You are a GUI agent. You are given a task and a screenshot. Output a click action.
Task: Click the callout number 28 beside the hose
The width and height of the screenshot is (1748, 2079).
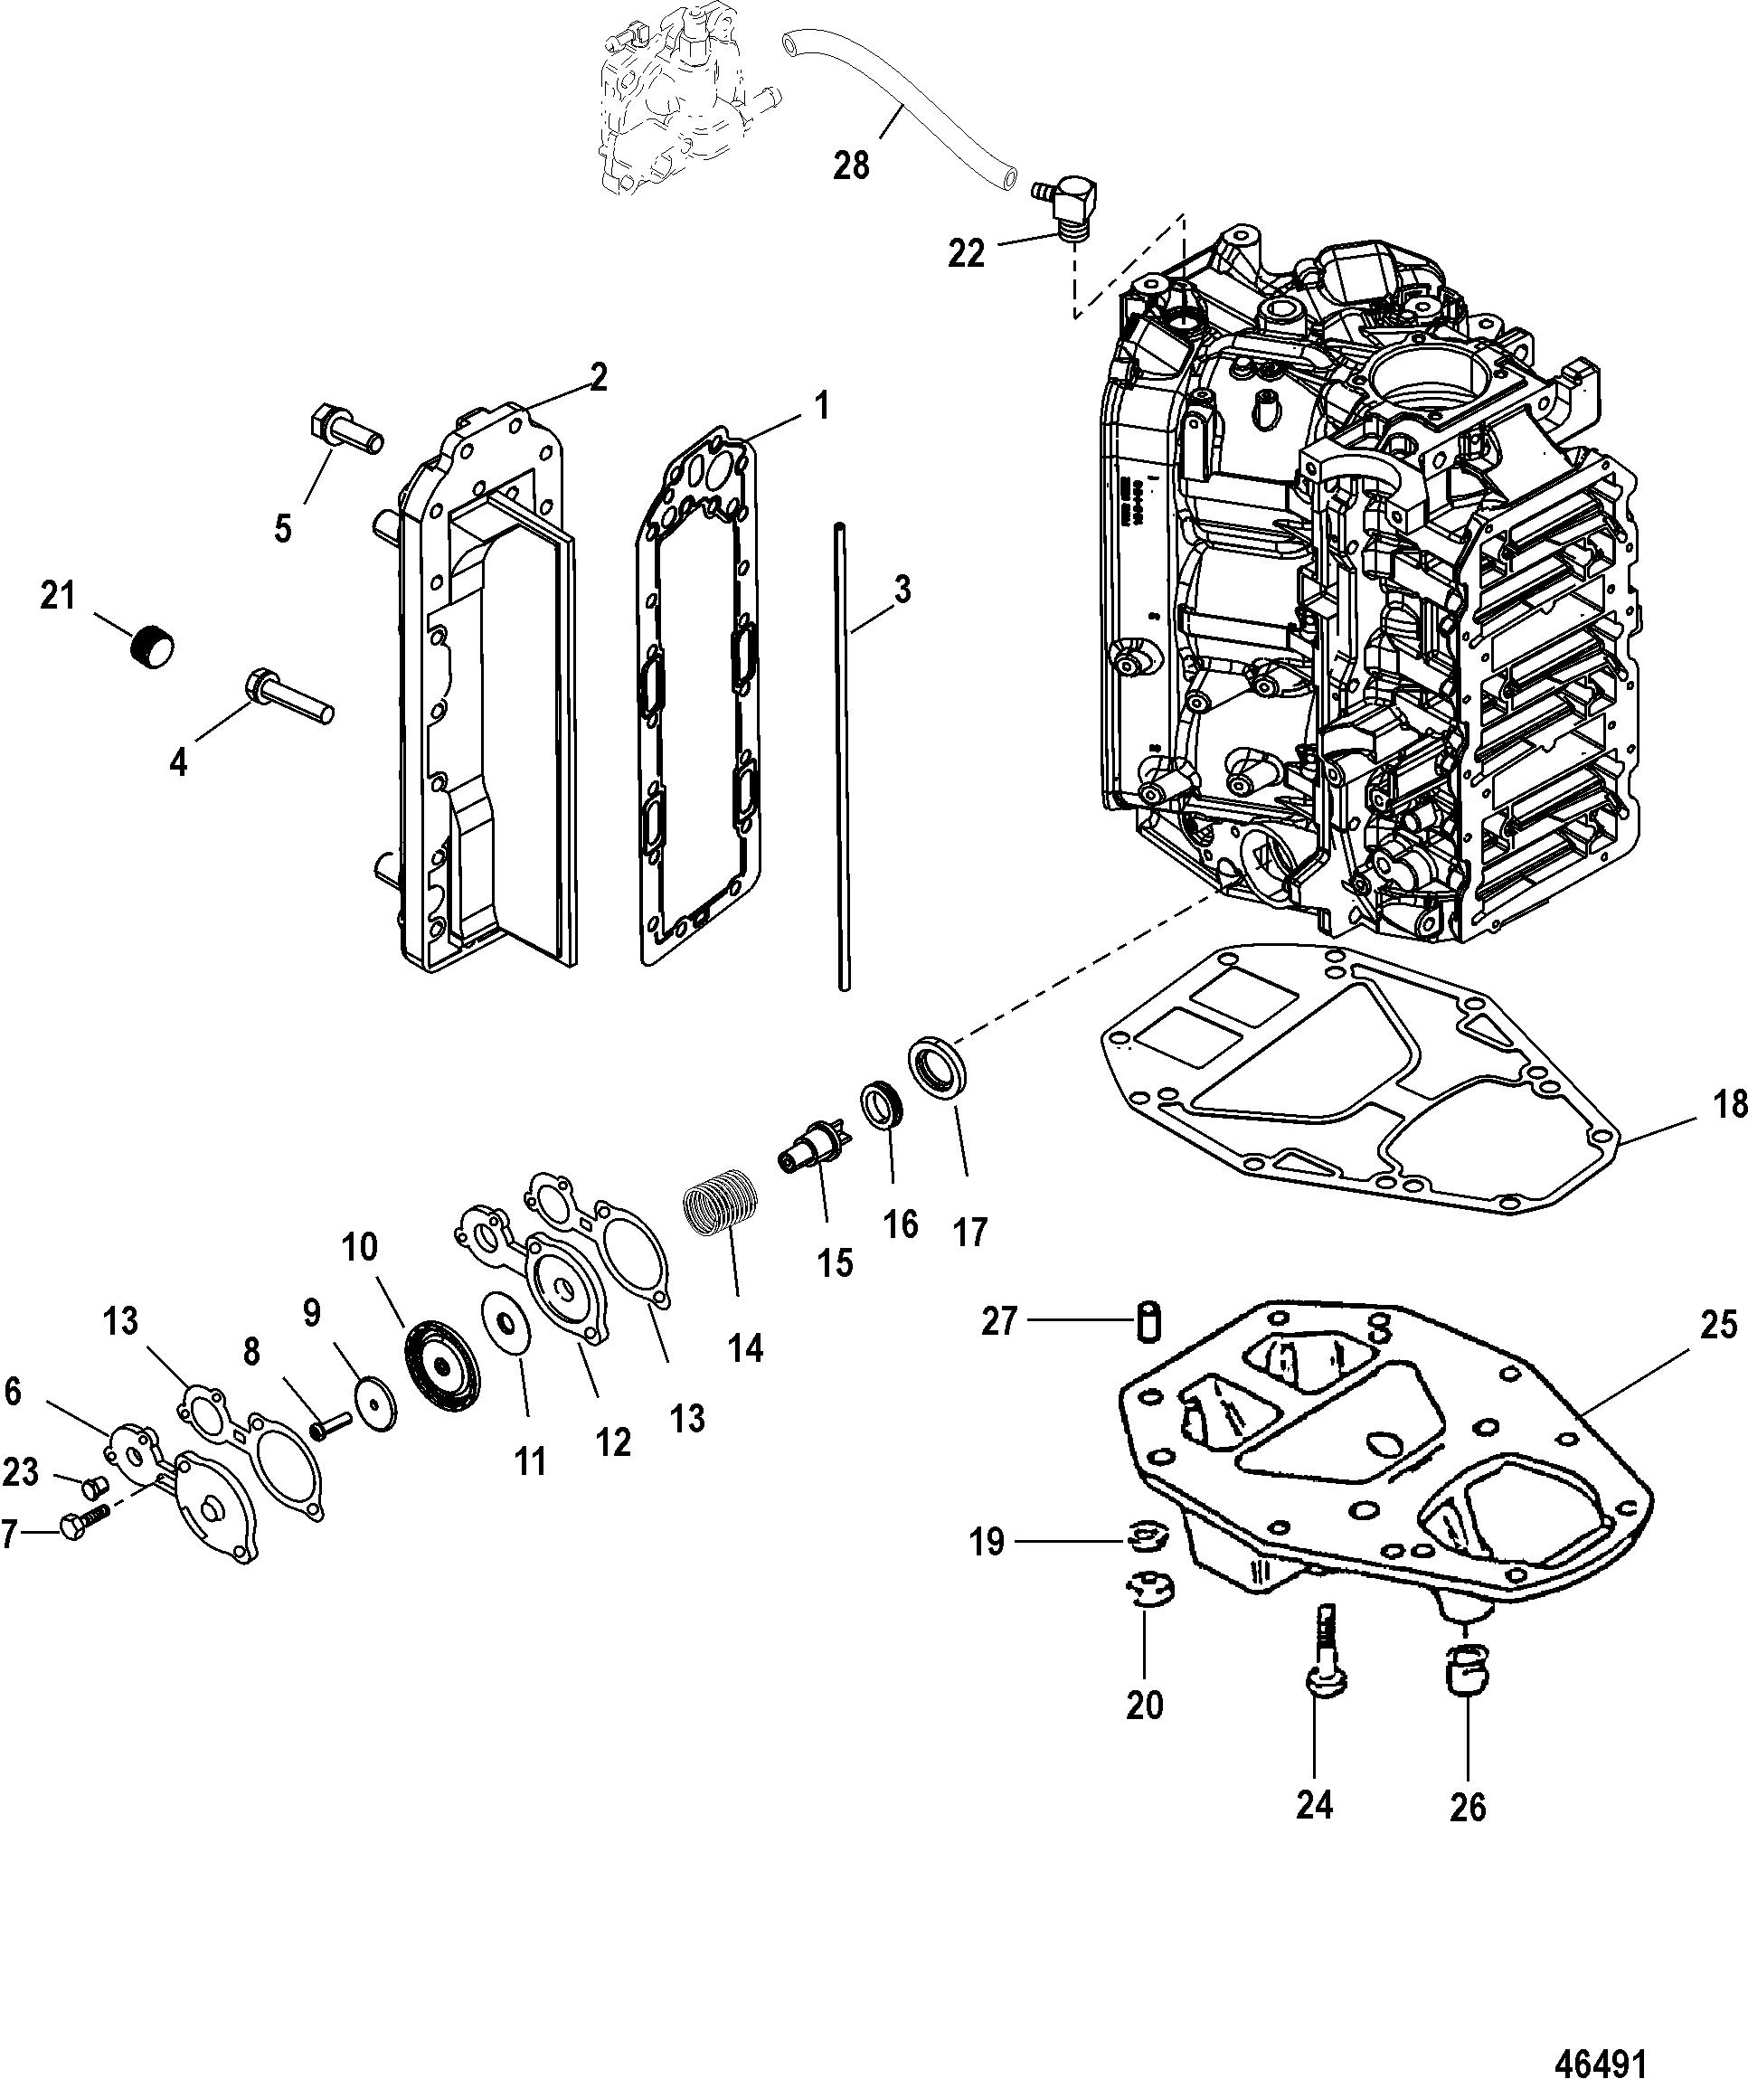tap(850, 165)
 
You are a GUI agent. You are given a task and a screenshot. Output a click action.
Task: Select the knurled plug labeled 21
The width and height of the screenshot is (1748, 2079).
tap(152, 648)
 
